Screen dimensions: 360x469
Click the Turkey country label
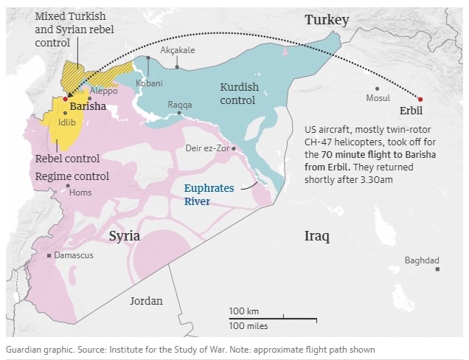click(327, 20)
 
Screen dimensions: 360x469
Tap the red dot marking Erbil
click(420, 99)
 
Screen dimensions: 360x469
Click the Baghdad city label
click(422, 260)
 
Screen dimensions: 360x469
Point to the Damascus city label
click(75, 255)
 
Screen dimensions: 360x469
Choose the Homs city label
click(80, 193)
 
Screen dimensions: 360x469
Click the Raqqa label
click(179, 105)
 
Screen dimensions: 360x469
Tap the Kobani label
click(149, 83)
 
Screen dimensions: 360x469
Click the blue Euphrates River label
click(209, 195)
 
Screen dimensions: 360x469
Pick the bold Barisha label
click(87, 106)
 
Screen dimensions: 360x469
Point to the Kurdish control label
click(240, 93)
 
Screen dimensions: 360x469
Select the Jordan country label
click(146, 301)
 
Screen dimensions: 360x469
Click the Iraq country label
click(317, 236)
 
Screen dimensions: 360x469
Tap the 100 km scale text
click(243, 311)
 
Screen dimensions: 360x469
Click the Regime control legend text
click(72, 176)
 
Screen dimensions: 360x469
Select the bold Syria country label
click(125, 236)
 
